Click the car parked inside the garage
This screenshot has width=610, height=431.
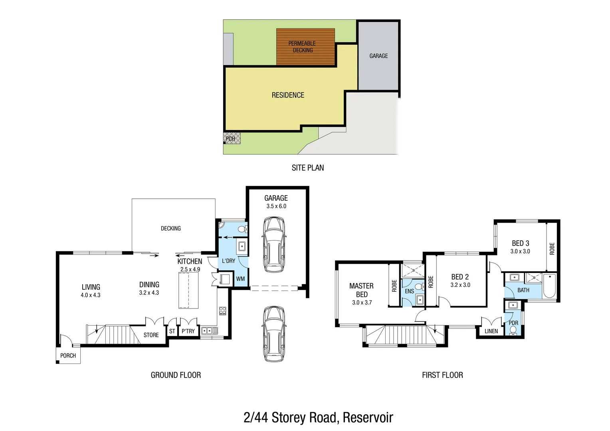(x=274, y=245)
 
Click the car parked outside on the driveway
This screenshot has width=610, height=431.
(x=274, y=334)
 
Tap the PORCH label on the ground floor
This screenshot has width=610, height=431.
(x=68, y=356)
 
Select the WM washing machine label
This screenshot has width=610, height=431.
(x=240, y=279)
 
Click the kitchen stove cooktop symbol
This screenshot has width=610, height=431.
(x=222, y=310)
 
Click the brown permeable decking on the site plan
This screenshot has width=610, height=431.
(x=305, y=47)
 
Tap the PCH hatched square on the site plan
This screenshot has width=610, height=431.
(x=232, y=138)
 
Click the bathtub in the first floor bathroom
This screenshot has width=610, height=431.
(x=549, y=285)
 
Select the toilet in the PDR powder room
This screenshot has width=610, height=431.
(x=513, y=330)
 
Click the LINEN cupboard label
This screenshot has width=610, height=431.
(x=491, y=331)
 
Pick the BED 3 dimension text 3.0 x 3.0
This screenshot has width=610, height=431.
(x=520, y=251)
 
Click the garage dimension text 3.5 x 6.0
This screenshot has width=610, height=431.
(x=276, y=206)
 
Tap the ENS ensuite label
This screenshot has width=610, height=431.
(x=409, y=291)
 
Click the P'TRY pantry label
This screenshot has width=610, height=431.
(x=188, y=331)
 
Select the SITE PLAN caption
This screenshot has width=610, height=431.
(x=307, y=168)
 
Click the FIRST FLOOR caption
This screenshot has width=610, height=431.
(x=442, y=375)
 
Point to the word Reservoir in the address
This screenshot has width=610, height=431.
(x=368, y=417)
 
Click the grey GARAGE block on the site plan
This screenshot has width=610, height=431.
(x=378, y=56)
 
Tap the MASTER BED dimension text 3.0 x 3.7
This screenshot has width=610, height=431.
(x=362, y=302)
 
